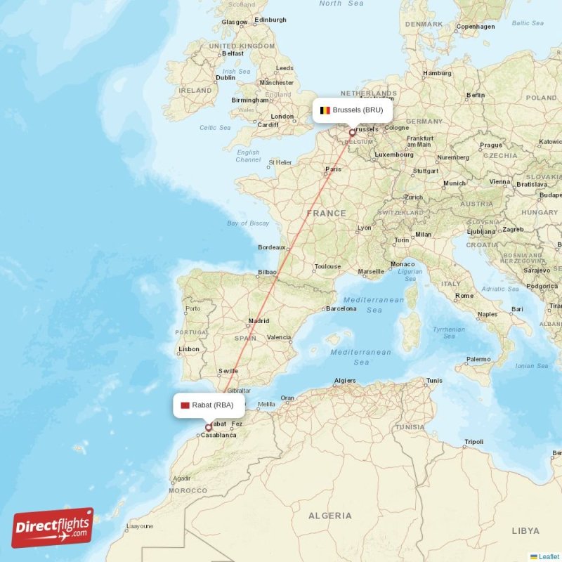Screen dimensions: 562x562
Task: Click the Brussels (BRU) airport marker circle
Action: (353, 132)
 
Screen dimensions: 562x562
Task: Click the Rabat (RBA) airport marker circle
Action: (209, 427)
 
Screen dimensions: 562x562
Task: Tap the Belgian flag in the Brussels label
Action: (325, 110)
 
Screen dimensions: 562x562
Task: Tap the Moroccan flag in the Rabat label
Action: (185, 405)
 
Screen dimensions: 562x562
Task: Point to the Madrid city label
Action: (259, 321)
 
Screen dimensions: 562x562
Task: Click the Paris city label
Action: (333, 169)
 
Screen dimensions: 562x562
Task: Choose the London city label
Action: (282, 117)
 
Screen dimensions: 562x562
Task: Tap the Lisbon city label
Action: (189, 349)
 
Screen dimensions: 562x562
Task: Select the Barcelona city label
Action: (341, 308)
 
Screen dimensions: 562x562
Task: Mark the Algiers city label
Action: (345, 381)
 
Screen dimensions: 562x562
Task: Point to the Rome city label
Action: (464, 296)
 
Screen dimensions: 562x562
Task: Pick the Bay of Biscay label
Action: (248, 223)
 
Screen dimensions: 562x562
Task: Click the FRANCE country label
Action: (326, 213)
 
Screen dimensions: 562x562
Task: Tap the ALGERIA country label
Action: (329, 516)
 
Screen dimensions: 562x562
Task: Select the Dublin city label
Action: (226, 78)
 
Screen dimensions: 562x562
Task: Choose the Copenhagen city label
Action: (476, 27)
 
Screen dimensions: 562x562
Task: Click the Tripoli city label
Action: (473, 442)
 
